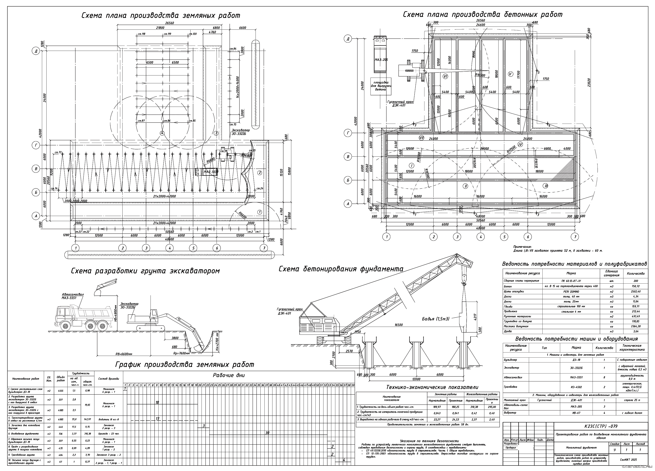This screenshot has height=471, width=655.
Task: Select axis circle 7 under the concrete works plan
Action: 575,237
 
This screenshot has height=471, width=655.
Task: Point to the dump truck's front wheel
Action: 65,326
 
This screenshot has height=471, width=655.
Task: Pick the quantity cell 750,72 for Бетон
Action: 635,286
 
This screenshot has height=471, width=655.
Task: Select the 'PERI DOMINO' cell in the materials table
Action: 571,291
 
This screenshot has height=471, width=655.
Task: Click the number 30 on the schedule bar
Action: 267,433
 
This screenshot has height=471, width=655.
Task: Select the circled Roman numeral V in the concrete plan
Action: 510,74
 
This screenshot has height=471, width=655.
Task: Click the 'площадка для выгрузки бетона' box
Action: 381,86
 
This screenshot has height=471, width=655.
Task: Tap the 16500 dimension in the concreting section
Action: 399,325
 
